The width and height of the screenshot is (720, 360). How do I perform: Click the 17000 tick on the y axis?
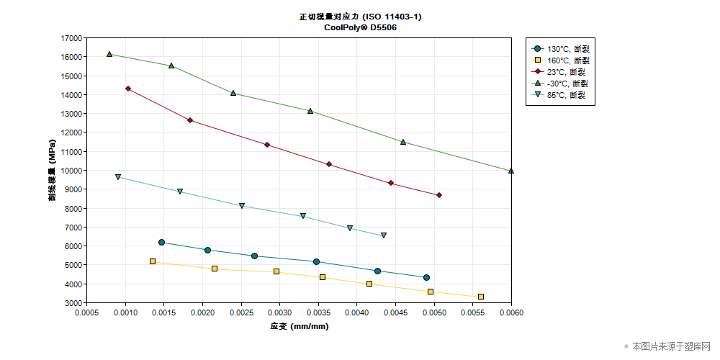tap(71, 38)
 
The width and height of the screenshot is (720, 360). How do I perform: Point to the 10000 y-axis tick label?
tap(71, 171)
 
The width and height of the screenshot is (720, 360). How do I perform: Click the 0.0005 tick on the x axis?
tap(87, 313)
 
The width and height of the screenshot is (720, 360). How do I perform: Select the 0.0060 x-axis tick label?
tap(511, 313)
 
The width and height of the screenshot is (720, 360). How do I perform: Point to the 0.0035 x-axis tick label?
tap(318, 313)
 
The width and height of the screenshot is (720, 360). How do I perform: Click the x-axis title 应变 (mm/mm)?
tap(299, 326)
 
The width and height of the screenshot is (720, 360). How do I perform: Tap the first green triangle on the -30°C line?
tap(109, 54)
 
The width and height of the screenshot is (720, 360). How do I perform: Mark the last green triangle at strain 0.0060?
tap(511, 171)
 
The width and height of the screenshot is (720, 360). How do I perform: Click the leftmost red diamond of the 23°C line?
tap(128, 89)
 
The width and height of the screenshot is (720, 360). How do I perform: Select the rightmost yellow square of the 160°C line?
tap(481, 297)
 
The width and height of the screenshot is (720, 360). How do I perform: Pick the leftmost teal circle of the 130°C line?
tap(162, 243)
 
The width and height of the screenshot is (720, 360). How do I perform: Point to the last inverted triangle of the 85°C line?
tap(384, 235)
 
